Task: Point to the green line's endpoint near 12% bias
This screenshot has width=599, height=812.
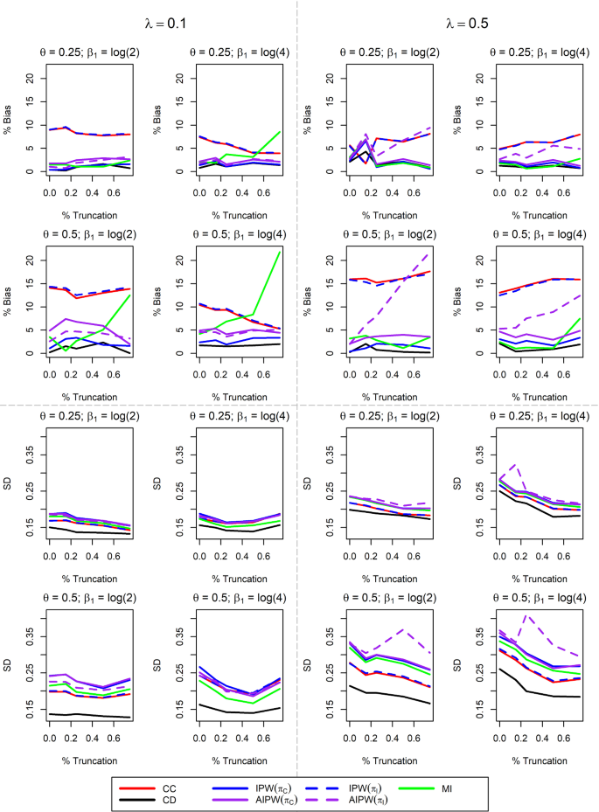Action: (x=130, y=295)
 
